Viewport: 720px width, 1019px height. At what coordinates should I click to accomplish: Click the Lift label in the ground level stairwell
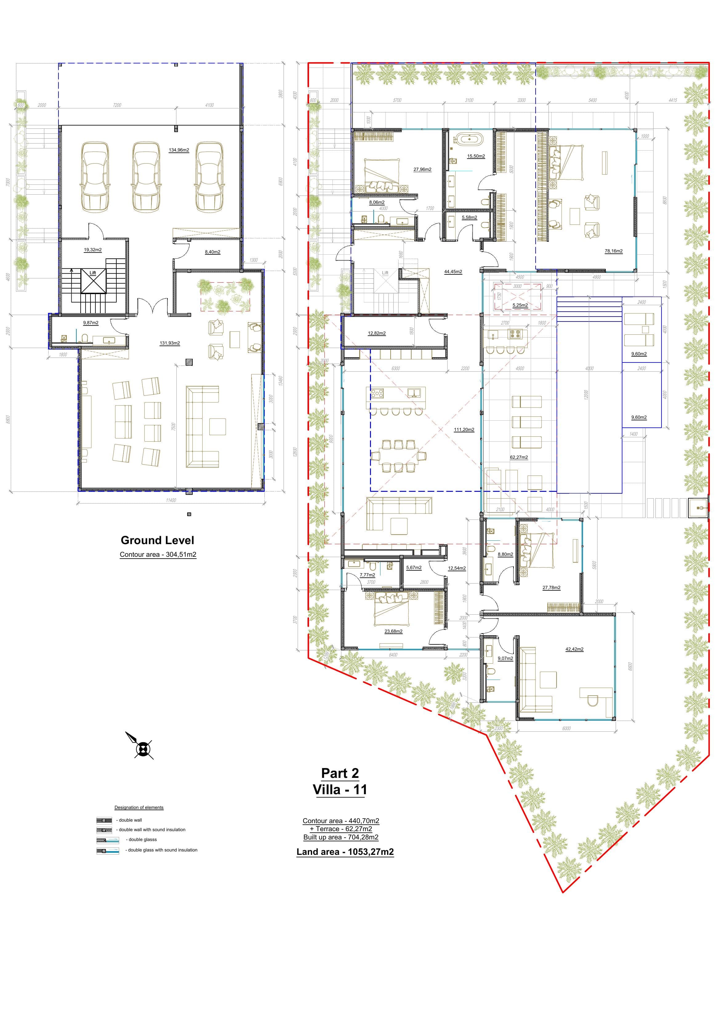pyautogui.click(x=93, y=273)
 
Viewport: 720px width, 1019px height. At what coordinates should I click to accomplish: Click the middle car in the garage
pyautogui.click(x=146, y=177)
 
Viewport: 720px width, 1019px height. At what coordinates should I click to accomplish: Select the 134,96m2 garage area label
pyautogui.click(x=179, y=150)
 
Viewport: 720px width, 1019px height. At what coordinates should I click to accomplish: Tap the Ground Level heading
pyautogui.click(x=158, y=540)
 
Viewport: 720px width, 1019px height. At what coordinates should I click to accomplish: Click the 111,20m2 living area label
pyautogui.click(x=464, y=430)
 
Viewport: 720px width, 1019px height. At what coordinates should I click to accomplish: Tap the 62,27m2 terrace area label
pyautogui.click(x=519, y=457)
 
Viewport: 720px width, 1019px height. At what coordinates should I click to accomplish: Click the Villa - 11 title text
pyautogui.click(x=340, y=790)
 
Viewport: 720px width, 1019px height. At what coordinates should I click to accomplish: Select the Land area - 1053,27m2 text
pyautogui.click(x=345, y=852)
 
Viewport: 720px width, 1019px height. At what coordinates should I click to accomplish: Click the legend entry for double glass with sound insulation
pyautogui.click(x=162, y=850)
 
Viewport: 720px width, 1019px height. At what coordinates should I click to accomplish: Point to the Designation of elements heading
pyautogui.click(x=139, y=807)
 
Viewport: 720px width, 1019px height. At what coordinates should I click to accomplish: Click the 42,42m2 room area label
pyautogui.click(x=574, y=649)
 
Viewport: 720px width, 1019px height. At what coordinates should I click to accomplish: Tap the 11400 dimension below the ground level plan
pyautogui.click(x=171, y=500)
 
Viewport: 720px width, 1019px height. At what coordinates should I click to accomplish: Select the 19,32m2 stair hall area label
pyautogui.click(x=93, y=250)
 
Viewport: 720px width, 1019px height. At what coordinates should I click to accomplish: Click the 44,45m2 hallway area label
pyautogui.click(x=453, y=272)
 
